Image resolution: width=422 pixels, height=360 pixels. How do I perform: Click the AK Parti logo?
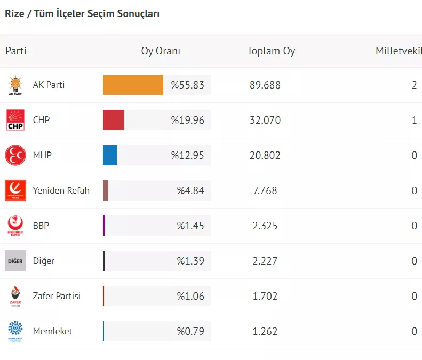(15, 85)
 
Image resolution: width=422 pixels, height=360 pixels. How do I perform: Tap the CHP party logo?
(15, 120)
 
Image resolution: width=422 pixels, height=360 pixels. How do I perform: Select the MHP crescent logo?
(15, 155)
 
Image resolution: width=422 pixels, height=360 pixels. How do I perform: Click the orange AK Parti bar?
(133, 85)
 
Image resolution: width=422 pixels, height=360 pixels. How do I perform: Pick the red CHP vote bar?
(114, 120)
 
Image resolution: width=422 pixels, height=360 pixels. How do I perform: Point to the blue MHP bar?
(110, 155)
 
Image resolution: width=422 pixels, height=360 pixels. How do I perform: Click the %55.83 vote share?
(187, 85)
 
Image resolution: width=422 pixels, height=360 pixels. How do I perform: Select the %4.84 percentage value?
(190, 190)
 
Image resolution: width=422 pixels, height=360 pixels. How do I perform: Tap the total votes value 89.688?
(265, 85)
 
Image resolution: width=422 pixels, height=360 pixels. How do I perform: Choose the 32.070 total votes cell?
(265, 120)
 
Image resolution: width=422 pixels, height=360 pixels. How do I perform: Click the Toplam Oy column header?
(271, 51)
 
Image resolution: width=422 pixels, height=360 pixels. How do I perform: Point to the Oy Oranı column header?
(161, 51)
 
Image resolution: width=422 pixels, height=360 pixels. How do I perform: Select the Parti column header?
(16, 51)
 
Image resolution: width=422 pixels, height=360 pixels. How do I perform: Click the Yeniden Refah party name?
(61, 190)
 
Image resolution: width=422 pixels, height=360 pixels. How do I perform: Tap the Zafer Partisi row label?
(57, 296)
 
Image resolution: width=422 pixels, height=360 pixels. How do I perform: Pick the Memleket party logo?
(15, 331)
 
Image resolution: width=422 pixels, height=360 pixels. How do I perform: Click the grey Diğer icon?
(15, 261)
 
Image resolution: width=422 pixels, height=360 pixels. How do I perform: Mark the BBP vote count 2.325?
(265, 226)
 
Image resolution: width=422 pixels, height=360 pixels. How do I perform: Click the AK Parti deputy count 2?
(414, 85)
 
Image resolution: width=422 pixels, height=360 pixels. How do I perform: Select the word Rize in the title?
(14, 14)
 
